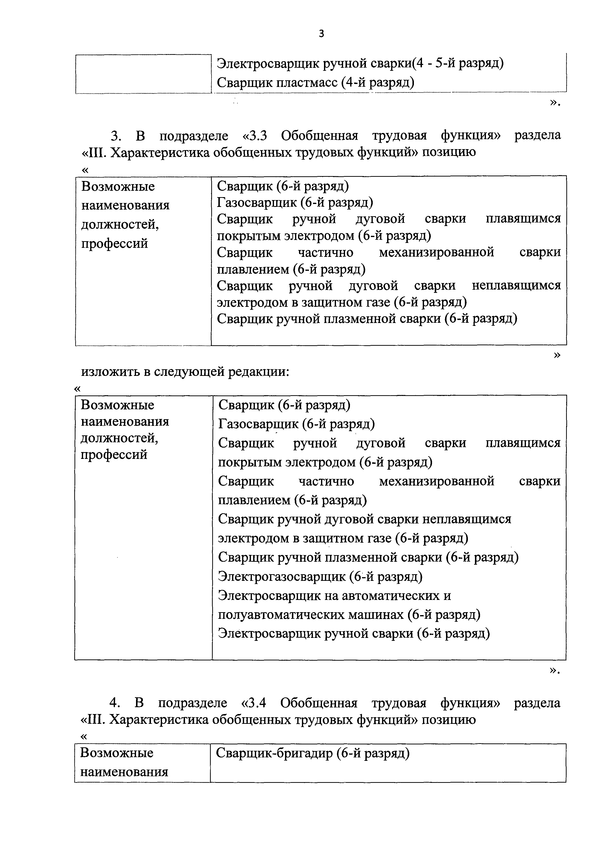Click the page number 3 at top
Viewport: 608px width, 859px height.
[x=321, y=34]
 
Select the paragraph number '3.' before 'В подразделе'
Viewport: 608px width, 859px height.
[x=116, y=135]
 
